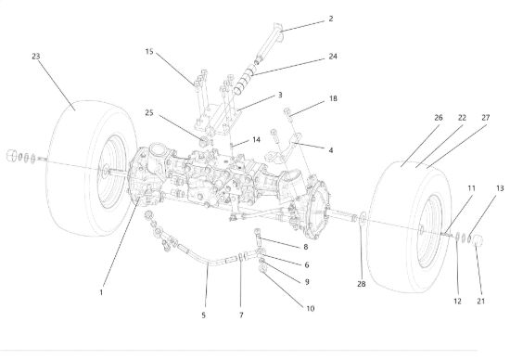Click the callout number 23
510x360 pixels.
[x=36, y=57]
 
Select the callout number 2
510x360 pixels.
[x=331, y=19]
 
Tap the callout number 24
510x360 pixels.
[x=333, y=57]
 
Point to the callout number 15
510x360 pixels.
[x=149, y=51]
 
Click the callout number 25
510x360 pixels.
[x=149, y=112]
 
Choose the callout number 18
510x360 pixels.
[x=333, y=98]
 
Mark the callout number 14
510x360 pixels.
[x=256, y=139]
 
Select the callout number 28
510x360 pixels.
[x=362, y=284]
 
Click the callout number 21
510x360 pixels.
[x=480, y=302]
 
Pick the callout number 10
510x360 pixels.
[x=311, y=308]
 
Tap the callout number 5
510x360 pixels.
[x=204, y=315]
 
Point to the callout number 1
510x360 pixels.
[x=101, y=292]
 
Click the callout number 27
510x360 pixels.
[x=485, y=118]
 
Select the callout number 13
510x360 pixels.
[x=500, y=188]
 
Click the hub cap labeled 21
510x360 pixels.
[x=477, y=240]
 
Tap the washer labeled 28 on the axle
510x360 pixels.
[x=362, y=218]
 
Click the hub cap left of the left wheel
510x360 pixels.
[x=12, y=155]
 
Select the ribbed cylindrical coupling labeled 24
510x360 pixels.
[x=244, y=80]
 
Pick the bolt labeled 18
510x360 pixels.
[x=287, y=113]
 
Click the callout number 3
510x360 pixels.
[x=280, y=95]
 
